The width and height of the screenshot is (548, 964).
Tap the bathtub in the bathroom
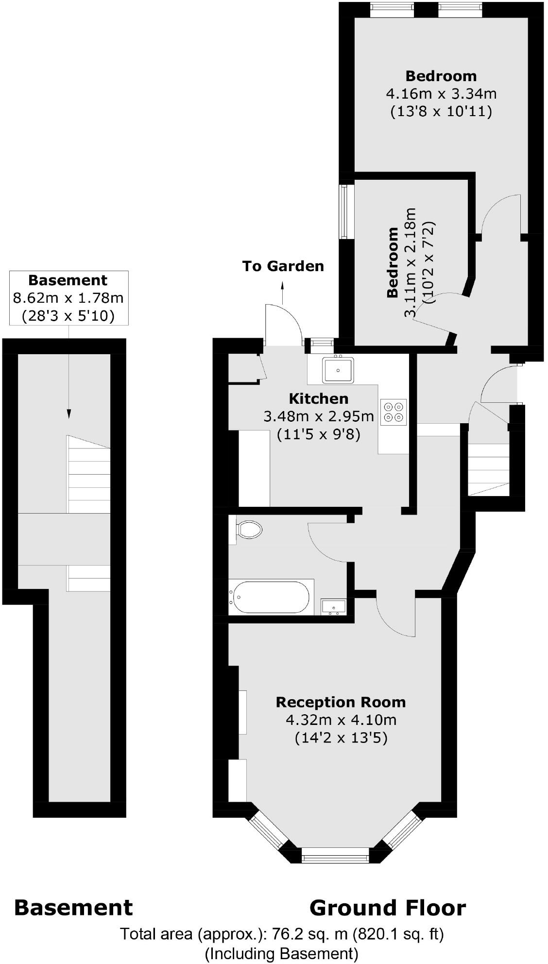pos(271,597)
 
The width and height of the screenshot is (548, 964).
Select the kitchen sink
pos(337,370)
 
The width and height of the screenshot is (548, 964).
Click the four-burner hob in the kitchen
pos(393,412)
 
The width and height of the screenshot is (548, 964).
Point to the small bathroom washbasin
pos(334,606)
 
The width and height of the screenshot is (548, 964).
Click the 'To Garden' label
pos(283,266)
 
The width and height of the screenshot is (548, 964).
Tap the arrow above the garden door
pos(282,293)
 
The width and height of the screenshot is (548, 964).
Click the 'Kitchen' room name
pos(319,399)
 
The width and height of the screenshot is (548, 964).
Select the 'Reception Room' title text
pos(341,702)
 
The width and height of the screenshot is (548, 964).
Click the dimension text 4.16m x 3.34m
pos(441,93)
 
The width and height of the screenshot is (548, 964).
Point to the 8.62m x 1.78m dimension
pos(68,298)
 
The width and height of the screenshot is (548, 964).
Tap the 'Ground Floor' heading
pos(387,908)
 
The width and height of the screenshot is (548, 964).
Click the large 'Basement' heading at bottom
pos(73,908)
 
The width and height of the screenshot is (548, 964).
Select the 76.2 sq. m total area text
pos(282,934)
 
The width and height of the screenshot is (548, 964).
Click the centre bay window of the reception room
pos(335,859)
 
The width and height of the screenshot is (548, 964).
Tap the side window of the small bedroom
pos(344,211)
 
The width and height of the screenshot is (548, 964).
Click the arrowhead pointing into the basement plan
pos(68,413)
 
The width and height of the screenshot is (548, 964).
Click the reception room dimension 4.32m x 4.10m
pos(341,720)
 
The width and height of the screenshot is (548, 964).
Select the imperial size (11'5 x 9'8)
pos(319,434)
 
